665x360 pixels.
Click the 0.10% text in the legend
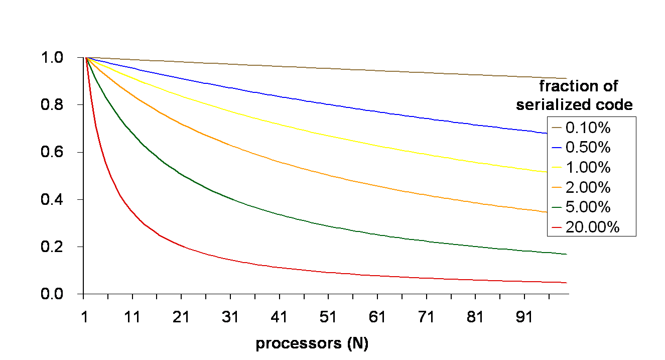pos(588,128)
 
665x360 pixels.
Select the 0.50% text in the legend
pos(588,148)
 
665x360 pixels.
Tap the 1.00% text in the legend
pos(588,167)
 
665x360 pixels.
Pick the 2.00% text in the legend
pos(588,187)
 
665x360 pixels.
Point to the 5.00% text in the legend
pos(588,207)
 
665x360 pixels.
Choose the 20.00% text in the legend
pos(592,227)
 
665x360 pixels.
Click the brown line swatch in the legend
pos(557,129)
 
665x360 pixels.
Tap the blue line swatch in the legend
pos(557,148)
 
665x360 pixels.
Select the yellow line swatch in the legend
pos(557,168)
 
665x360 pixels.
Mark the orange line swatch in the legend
pos(557,188)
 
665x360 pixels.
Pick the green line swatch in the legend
pos(557,207)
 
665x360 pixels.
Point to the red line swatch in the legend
pos(557,227)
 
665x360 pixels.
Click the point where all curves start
pos(87,58)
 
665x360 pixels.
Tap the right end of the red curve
pos(566,283)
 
